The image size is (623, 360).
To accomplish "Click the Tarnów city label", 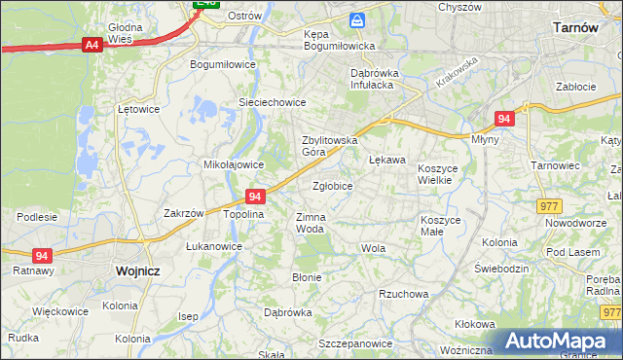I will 574,27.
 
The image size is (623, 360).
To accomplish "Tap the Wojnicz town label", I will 136,272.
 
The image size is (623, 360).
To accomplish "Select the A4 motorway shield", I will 92,45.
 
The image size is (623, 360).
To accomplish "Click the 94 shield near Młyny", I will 503,118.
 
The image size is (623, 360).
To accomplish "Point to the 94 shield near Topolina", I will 255,196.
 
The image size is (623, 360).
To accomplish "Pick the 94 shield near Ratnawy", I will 41,255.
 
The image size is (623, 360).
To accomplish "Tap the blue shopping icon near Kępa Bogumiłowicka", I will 358,19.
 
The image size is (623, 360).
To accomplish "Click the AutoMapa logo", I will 559,342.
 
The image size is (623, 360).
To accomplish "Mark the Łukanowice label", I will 214,246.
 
